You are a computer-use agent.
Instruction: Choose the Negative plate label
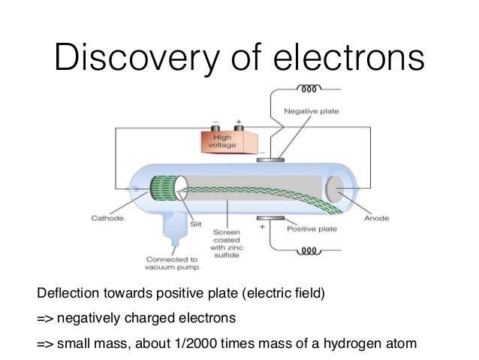pyautogui.click(x=311, y=111)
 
